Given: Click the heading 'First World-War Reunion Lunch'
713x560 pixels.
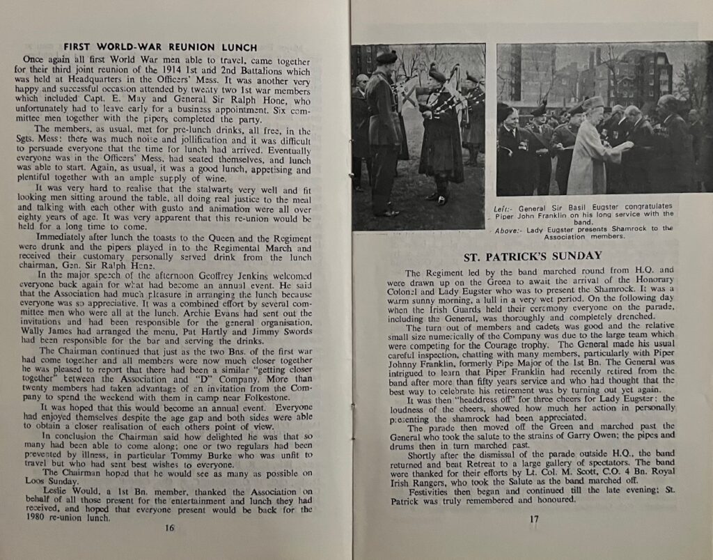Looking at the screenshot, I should [x=160, y=47].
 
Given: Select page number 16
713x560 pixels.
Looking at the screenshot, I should [x=169, y=527].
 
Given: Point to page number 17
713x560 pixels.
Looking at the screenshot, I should [x=534, y=519].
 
